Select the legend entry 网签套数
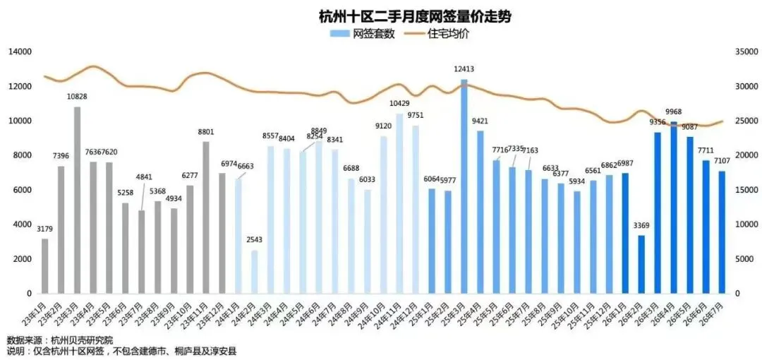[x=365, y=34]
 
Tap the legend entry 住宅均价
[x=438, y=34]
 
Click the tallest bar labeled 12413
[x=464, y=186]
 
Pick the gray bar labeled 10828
[x=78, y=200]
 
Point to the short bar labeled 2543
[x=254, y=272]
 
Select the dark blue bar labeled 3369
[x=641, y=265]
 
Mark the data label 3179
[x=44, y=229]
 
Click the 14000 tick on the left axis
[x=20, y=52]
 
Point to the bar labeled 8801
[x=206, y=217]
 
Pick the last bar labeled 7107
[x=722, y=232]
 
